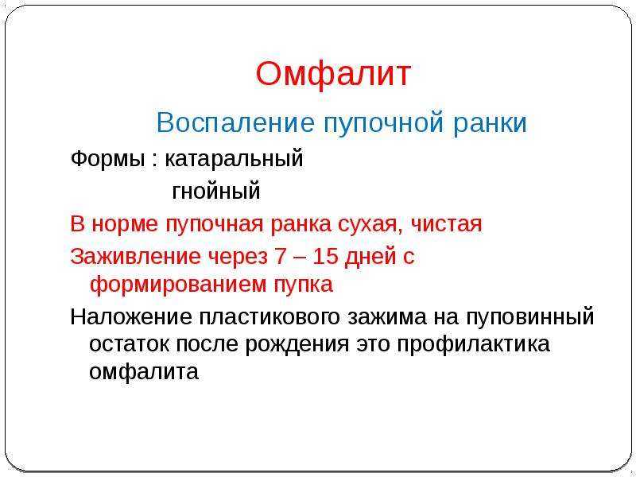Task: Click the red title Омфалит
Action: (x=333, y=75)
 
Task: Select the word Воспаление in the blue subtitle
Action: (x=235, y=122)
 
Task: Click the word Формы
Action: (x=107, y=160)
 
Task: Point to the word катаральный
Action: (x=234, y=160)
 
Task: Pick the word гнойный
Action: (x=216, y=191)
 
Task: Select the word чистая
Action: (x=447, y=223)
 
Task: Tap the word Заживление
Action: (x=135, y=256)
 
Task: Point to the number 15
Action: (x=325, y=256)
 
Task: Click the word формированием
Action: (x=177, y=285)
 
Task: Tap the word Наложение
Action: (x=131, y=316)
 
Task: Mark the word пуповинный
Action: (x=529, y=317)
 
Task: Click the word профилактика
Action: (x=473, y=345)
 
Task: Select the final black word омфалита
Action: (x=144, y=371)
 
